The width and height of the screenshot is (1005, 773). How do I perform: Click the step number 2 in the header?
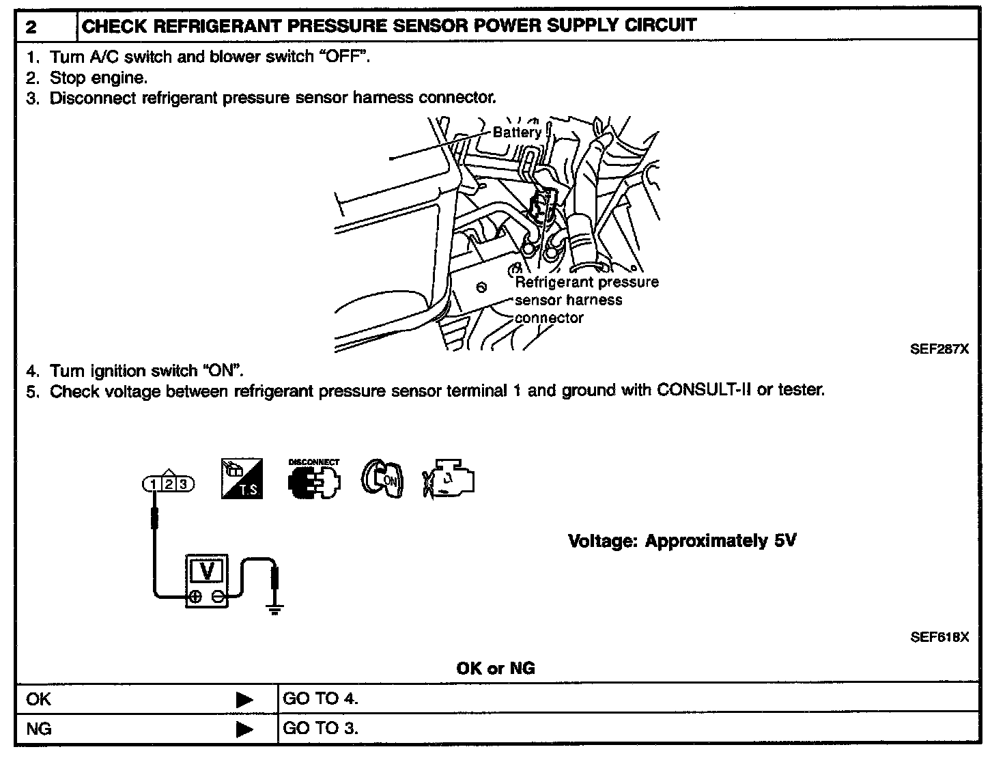tap(31, 28)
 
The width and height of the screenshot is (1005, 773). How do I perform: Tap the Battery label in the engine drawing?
tap(517, 132)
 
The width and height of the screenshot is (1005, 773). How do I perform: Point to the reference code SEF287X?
tap(939, 349)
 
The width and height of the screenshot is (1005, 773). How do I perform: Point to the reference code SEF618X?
tap(939, 637)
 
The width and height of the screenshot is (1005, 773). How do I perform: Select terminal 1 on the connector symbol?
tap(155, 485)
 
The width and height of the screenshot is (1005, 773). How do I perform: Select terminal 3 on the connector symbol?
tap(182, 485)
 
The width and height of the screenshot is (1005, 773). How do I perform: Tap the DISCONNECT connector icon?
tap(314, 479)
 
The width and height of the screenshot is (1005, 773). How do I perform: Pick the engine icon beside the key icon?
tap(449, 479)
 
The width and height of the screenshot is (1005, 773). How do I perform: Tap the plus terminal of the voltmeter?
tap(195, 597)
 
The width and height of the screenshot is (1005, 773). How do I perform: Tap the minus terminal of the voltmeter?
tap(218, 597)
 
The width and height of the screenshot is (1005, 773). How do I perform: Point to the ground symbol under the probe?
tap(274, 610)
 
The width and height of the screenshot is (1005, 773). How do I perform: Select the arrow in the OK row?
tap(244, 700)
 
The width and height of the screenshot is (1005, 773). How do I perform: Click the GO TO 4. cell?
tap(320, 699)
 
